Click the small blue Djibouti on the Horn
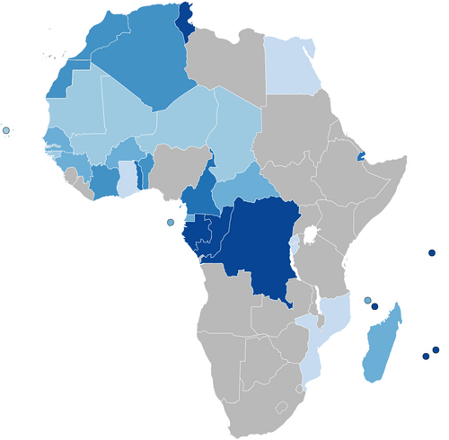[361, 155]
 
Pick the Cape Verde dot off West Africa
[6, 131]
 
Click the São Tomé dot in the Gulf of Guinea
[171, 223]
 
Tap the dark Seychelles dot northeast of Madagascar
[432, 253]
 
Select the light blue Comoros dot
[367, 300]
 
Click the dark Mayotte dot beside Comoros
[374, 307]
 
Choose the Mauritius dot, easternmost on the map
[436, 349]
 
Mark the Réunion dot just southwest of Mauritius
[426, 356]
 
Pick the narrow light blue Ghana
[128, 176]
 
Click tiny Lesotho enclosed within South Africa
[282, 406]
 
